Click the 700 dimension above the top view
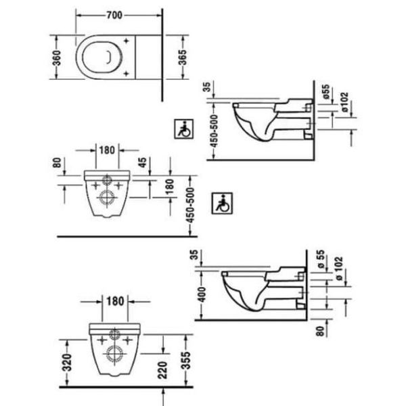pyautogui.click(x=114, y=16)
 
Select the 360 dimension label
pyautogui.click(x=57, y=58)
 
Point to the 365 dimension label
pyautogui.click(x=183, y=58)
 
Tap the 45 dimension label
pyautogui.click(x=143, y=162)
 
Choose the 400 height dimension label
pyautogui.click(x=202, y=294)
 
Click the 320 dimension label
pyautogui.click(x=67, y=362)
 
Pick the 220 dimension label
pyautogui.click(x=162, y=370)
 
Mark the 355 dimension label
pyautogui.click(x=186, y=360)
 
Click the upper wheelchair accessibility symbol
pyautogui.click(x=184, y=129)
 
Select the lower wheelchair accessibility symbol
pyautogui.click(x=222, y=203)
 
